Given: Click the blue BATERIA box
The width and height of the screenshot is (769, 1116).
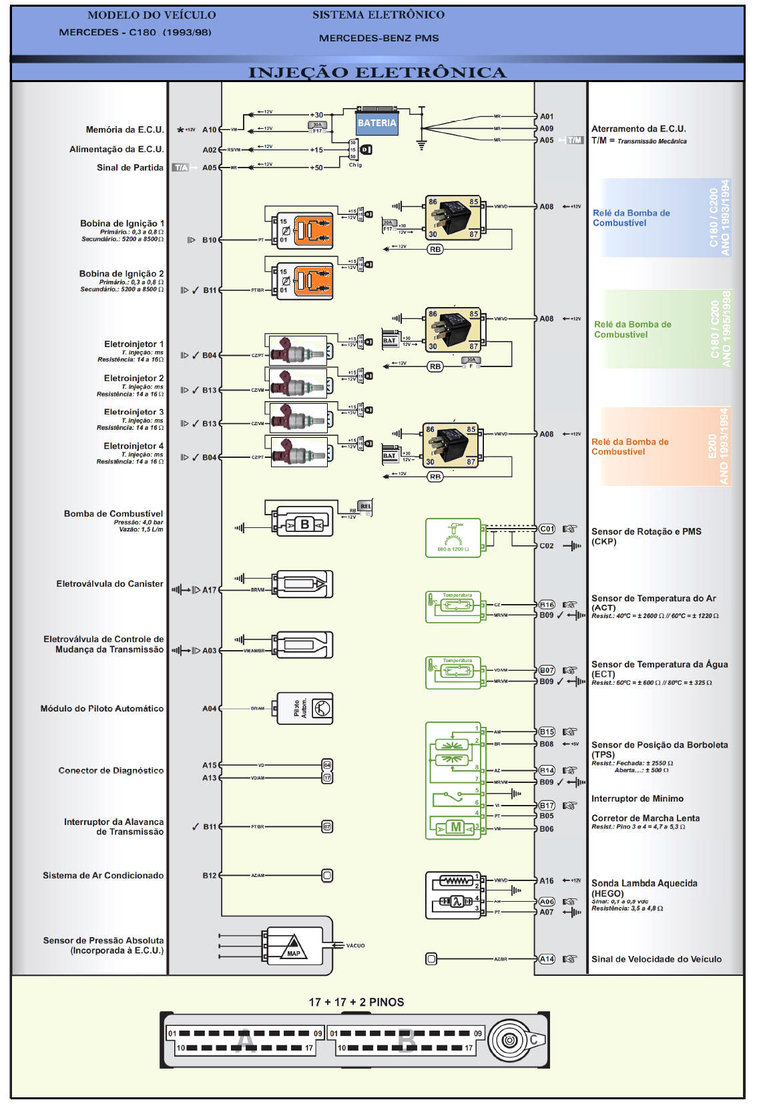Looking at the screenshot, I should (376, 123).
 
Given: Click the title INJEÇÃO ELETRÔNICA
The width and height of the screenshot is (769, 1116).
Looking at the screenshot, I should (377, 72).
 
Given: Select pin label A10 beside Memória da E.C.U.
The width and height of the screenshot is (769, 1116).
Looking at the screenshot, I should (210, 129).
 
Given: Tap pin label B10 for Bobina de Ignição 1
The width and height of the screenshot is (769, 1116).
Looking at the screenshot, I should (210, 240).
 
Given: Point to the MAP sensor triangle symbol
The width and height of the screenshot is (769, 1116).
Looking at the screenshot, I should (293, 947).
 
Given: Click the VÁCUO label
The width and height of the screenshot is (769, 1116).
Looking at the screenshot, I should (355, 946).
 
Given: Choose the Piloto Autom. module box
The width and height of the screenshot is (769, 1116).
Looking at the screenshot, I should (304, 708).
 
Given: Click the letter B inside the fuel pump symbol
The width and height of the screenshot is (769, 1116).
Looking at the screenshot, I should (304, 525).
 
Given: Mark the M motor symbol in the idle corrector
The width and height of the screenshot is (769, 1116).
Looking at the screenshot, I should (456, 827).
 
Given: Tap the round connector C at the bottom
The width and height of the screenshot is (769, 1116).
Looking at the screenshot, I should (510, 1040).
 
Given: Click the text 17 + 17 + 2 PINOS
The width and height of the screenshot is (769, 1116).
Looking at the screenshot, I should (356, 1002).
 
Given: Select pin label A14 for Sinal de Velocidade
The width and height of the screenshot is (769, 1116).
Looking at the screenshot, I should (547, 959).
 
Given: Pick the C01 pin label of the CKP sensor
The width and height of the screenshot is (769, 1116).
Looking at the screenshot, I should (547, 529).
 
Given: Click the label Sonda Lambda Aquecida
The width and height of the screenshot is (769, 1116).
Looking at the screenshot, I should (644, 883).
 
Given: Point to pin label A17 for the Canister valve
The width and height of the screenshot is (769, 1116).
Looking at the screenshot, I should (210, 590).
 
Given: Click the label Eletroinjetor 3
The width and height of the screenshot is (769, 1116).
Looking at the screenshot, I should (134, 412).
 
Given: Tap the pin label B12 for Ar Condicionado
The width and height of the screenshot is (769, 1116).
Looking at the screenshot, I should (210, 875).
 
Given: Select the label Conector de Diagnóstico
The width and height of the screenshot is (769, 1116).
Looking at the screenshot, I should (111, 770).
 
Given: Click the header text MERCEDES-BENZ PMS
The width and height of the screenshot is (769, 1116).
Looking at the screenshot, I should (378, 38).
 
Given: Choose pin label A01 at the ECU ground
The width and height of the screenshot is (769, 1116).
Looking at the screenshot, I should (547, 116).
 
